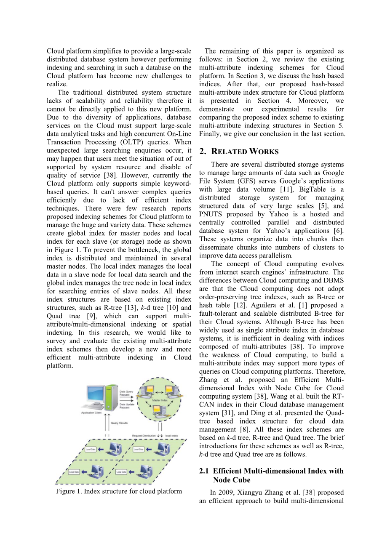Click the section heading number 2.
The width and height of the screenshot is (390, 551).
[x=203, y=152]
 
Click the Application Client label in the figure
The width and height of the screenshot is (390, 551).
[x=91, y=413]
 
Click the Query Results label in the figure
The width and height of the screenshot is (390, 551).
[x=119, y=423]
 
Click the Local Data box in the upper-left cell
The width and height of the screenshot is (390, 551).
[x=91, y=450]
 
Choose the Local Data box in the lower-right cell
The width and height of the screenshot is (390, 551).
[x=121, y=472]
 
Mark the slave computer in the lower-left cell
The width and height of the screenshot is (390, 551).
[x=97, y=471]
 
